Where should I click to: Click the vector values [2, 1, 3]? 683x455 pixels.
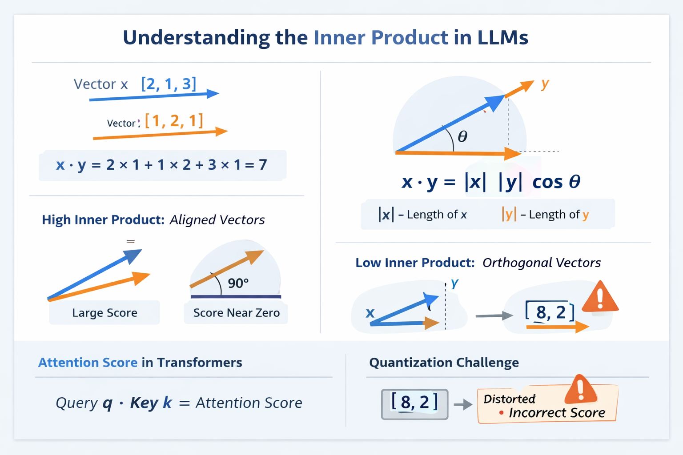169,84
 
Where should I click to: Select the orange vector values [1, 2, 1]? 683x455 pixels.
174,120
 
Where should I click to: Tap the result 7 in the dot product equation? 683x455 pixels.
263,165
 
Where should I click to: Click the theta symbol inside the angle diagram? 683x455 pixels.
462,136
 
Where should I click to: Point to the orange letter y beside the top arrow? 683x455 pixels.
545,83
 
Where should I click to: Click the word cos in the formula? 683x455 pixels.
547,182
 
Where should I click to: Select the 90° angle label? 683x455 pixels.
238,283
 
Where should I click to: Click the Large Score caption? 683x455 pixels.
104,313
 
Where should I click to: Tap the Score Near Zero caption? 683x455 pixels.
236,313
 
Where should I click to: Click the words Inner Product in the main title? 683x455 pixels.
381,37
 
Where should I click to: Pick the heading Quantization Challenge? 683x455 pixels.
444,363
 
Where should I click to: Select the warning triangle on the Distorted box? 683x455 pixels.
580,389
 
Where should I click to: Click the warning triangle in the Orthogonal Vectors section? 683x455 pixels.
600,297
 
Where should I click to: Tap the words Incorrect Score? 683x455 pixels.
557,413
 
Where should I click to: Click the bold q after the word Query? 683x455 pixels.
107,403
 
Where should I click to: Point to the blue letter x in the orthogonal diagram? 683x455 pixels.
370,313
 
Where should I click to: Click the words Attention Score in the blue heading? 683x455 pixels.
88,363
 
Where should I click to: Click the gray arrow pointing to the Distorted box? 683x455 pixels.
463,404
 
